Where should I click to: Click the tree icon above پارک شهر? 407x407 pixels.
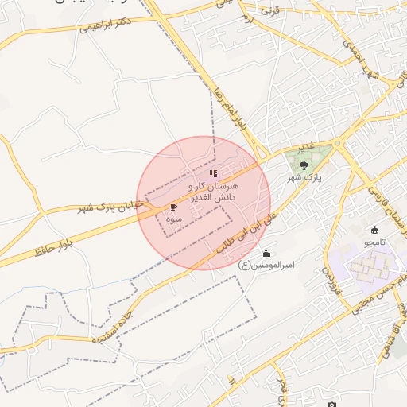304,165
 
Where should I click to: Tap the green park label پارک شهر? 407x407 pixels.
304,179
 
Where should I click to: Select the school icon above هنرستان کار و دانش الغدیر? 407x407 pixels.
212,172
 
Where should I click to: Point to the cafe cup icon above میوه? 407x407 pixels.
174,207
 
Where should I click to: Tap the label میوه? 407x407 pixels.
175,219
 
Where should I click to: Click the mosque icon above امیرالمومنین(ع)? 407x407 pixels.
265,253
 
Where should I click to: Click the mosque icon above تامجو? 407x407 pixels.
374,230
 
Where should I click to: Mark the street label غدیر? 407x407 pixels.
304,149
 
